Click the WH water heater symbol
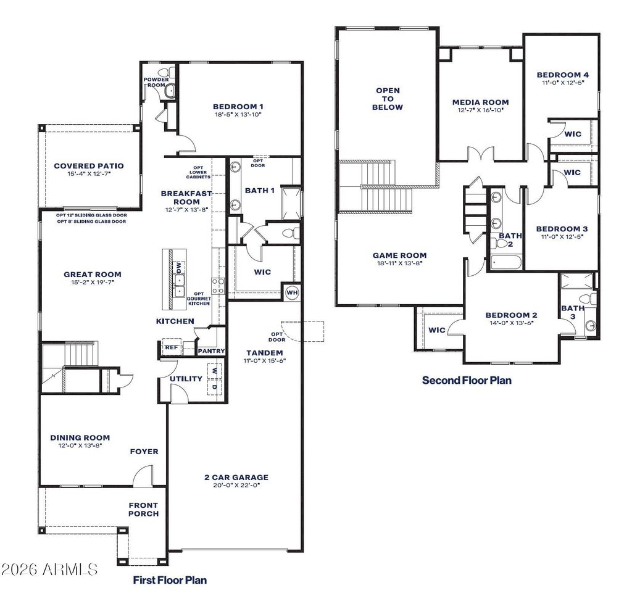pyautogui.click(x=292, y=292)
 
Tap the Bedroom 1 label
pyautogui.click(x=238, y=106)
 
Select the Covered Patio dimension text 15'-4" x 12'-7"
pyautogui.click(x=89, y=174)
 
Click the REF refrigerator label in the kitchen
pyautogui.click(x=171, y=347)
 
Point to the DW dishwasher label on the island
pyautogui.click(x=178, y=267)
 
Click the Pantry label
pyautogui.click(x=211, y=351)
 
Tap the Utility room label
pyautogui.click(x=186, y=378)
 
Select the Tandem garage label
pyautogui.click(x=264, y=353)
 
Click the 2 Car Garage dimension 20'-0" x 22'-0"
pyautogui.click(x=236, y=485)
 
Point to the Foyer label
pyautogui.click(x=144, y=452)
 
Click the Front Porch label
pyautogui.click(x=143, y=510)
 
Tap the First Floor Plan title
pyautogui.click(x=170, y=580)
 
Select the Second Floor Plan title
pyautogui.click(x=467, y=380)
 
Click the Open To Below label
pyautogui.click(x=388, y=99)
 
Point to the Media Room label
pyautogui.click(x=480, y=102)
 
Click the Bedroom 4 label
pyautogui.click(x=563, y=75)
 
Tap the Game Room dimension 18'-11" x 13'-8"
pyautogui.click(x=399, y=263)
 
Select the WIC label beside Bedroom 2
pyautogui.click(x=437, y=330)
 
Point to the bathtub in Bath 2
pyautogui.click(x=506, y=262)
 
